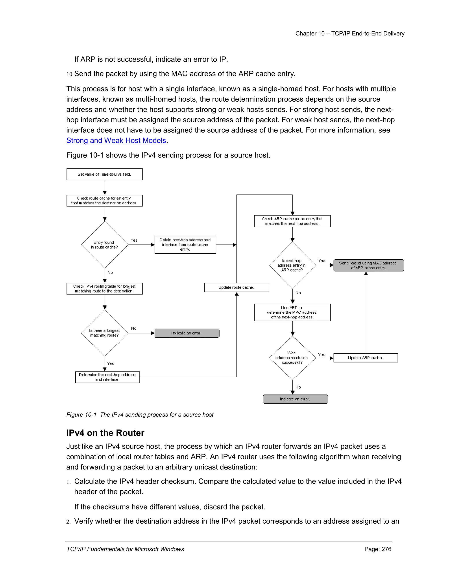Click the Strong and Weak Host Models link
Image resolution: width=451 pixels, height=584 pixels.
click(116, 140)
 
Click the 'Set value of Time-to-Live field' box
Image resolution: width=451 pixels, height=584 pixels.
click(104, 174)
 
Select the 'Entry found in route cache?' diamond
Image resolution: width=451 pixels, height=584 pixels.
click(104, 245)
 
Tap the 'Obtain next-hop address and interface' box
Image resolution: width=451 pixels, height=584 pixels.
click(185, 245)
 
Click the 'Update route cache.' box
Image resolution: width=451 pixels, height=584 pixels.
click(236, 287)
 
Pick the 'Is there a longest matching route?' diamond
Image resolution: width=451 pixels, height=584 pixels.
click(104, 333)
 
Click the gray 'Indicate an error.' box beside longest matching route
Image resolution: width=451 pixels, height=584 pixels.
click(187, 333)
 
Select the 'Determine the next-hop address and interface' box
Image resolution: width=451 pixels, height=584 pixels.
click(107, 377)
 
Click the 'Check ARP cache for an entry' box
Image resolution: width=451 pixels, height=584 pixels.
click(292, 221)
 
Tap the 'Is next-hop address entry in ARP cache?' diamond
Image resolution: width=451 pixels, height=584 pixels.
click(292, 265)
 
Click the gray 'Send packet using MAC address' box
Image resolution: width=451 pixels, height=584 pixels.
click(368, 266)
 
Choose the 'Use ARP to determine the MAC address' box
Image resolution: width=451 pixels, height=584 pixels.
click(292, 312)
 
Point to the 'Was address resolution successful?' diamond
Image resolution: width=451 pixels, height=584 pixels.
click(292, 358)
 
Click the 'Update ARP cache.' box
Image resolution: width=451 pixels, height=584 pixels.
click(366, 358)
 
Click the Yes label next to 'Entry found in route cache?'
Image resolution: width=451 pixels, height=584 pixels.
click(134, 240)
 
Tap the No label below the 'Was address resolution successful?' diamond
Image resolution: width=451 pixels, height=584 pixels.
click(298, 387)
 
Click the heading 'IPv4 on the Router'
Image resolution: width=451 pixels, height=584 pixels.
click(105, 433)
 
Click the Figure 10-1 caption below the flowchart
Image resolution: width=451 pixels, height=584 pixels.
click(140, 415)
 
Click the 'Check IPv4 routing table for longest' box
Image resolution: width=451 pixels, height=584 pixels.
click(104, 289)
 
